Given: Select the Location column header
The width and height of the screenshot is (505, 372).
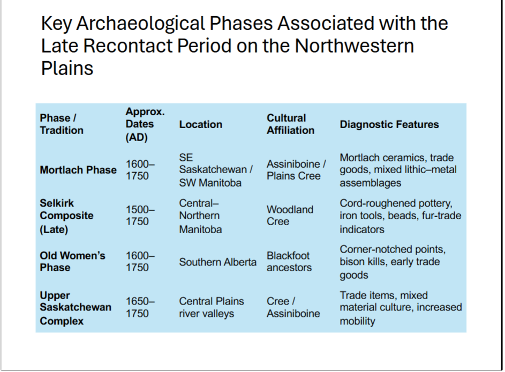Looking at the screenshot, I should [x=200, y=124].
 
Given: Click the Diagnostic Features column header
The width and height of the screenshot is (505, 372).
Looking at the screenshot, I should [x=389, y=124].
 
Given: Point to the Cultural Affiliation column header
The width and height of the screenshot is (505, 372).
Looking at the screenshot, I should [x=290, y=124].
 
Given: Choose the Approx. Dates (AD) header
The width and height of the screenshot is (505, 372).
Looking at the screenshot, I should [x=145, y=124].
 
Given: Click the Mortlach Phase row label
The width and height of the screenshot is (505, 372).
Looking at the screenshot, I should [x=78, y=170].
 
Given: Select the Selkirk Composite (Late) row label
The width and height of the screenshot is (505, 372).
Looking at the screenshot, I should [x=66, y=216].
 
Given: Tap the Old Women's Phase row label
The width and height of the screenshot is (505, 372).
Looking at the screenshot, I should [x=72, y=262].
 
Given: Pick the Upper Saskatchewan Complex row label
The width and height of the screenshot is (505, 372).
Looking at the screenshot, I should [x=76, y=308].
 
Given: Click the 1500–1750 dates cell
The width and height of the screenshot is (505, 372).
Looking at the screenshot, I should [x=140, y=215].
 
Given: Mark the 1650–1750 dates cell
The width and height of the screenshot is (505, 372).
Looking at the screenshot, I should [x=140, y=307].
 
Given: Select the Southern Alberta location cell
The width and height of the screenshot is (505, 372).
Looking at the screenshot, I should [x=217, y=262].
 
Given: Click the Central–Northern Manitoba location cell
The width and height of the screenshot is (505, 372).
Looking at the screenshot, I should [x=200, y=216].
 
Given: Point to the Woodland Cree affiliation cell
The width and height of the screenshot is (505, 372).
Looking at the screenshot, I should [x=290, y=215].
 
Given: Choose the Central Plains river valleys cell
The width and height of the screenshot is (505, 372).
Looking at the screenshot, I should [x=211, y=307].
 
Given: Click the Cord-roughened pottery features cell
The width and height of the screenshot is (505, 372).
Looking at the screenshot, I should [x=400, y=216].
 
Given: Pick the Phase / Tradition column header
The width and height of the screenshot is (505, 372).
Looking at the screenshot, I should [x=62, y=124].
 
